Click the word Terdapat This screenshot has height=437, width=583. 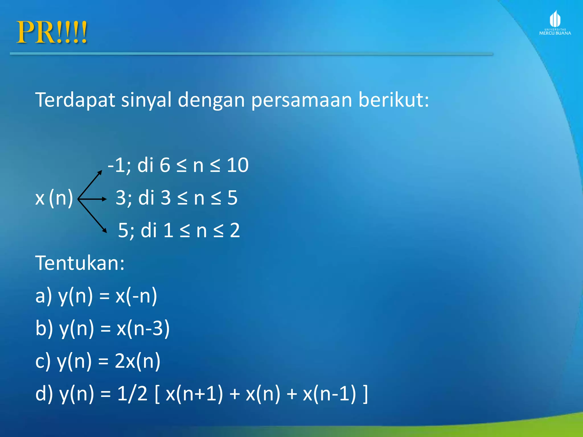(x=75, y=100)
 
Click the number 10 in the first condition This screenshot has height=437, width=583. (x=238, y=165)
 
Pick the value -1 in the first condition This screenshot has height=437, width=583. (x=117, y=165)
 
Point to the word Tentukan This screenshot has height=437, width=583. (x=80, y=263)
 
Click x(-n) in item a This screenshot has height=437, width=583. (x=136, y=296)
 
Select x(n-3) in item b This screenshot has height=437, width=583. (x=143, y=328)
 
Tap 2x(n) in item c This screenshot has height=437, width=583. (x=137, y=361)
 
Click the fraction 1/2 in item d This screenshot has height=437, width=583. (x=132, y=394)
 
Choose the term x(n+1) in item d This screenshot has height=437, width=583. (x=194, y=394)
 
